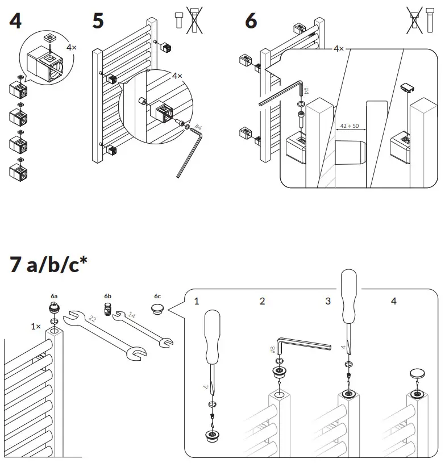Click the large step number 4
tap(15, 21)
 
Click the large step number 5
tap(98, 21)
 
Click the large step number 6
tap(251, 21)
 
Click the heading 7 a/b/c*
tap(48, 265)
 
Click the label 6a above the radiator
tap(53, 297)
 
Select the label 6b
tap(108, 297)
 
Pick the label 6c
tap(157, 297)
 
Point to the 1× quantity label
tap(36, 327)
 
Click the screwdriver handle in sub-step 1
tap(211, 335)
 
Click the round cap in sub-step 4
tap(418, 374)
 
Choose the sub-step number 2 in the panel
tap(262, 301)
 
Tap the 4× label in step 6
tap(339, 49)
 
